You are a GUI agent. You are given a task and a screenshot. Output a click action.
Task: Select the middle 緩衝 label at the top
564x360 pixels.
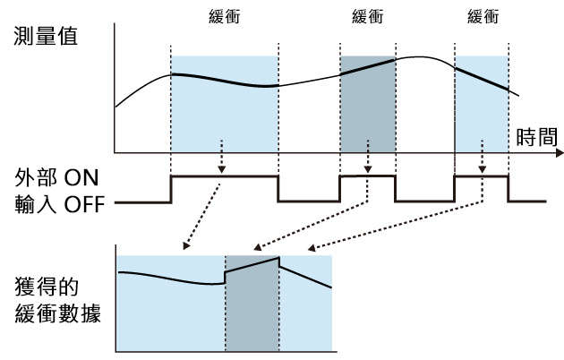click(x=368, y=17)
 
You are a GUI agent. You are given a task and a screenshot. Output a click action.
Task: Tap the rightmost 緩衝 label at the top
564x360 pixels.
click(x=483, y=17)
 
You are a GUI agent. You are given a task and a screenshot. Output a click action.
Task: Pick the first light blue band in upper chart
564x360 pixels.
click(x=224, y=116)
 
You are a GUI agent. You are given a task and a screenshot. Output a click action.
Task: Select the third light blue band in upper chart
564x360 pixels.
click(x=483, y=116)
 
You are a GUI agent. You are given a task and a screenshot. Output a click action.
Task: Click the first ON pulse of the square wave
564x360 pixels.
click(x=224, y=176)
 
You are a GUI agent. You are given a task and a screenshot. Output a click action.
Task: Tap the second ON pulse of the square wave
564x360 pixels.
click(x=367, y=176)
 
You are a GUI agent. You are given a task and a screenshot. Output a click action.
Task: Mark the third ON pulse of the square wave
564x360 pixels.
click(x=482, y=176)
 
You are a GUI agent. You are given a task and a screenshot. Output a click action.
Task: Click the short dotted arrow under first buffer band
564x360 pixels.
click(x=222, y=156)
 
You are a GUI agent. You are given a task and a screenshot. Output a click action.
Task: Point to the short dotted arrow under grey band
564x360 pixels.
click(x=366, y=156)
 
